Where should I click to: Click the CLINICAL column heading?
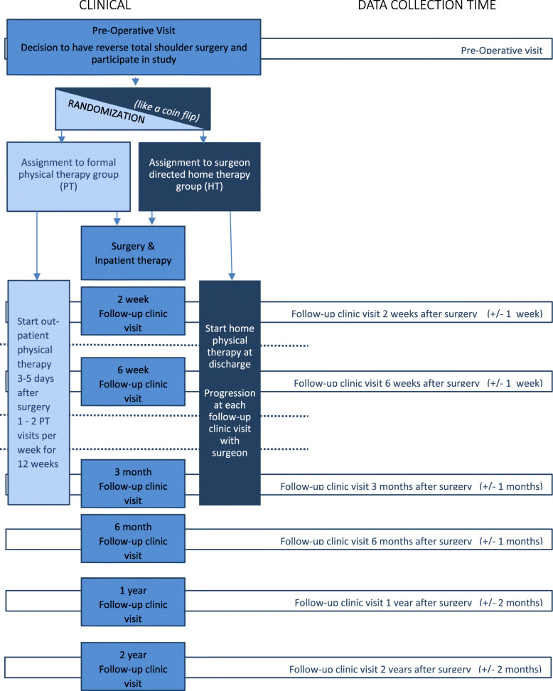[x=104, y=6]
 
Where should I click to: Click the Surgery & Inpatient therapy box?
[x=133, y=253]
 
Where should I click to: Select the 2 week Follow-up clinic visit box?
[x=133, y=310]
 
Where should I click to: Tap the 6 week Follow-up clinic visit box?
[x=133, y=380]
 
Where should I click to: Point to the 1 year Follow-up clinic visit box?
[x=133, y=600]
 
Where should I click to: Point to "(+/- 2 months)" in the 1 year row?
[x=514, y=604]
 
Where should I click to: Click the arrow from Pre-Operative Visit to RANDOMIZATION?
[x=135, y=80]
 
